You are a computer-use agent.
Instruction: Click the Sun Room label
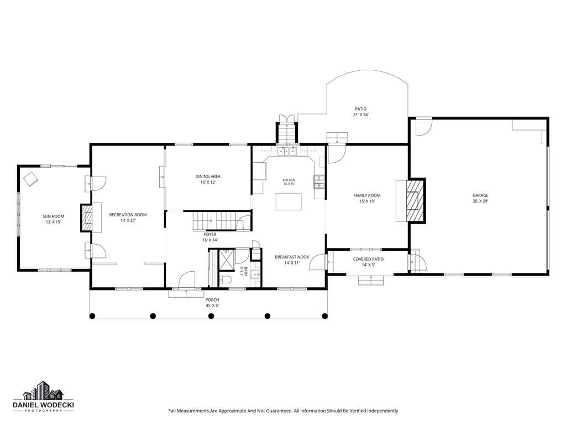click(x=54, y=216)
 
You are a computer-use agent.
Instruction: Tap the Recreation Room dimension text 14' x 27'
click(x=128, y=220)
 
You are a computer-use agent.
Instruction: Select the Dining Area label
click(x=208, y=177)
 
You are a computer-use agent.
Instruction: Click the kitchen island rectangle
click(x=289, y=201)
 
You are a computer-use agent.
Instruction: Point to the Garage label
click(x=480, y=195)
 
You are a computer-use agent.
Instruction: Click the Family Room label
click(x=367, y=195)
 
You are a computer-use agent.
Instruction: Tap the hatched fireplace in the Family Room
click(x=415, y=200)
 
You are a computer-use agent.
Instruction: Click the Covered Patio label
click(x=368, y=259)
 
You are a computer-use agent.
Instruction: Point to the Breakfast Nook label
click(x=292, y=257)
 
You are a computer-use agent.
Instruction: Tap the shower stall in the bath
click(x=227, y=260)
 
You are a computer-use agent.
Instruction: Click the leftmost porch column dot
click(x=92, y=316)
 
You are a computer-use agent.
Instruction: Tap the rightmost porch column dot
click(x=324, y=316)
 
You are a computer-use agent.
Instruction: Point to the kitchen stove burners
click(x=319, y=182)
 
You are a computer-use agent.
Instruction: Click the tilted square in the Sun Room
click(x=30, y=179)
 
